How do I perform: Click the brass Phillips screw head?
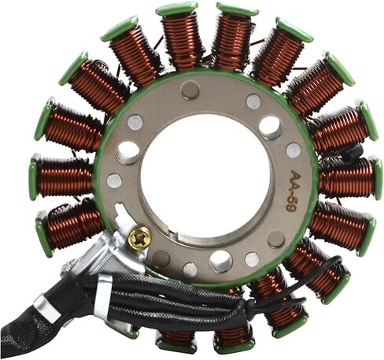(140, 238)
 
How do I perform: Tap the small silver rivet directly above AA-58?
(294, 150)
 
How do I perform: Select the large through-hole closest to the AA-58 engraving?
(270, 128)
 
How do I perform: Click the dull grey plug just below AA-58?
(276, 239)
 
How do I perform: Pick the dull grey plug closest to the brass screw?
(161, 258)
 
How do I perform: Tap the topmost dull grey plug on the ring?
(190, 90)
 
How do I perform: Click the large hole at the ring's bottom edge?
(221, 261)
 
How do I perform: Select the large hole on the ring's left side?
(127, 153)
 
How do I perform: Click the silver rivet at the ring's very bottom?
(190, 270)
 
